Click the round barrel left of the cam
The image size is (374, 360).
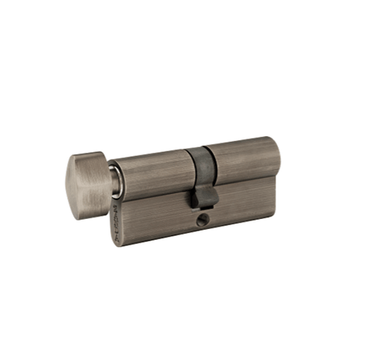pyautogui.click(x=153, y=173)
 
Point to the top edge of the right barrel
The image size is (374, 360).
pyautogui.click(x=242, y=142)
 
